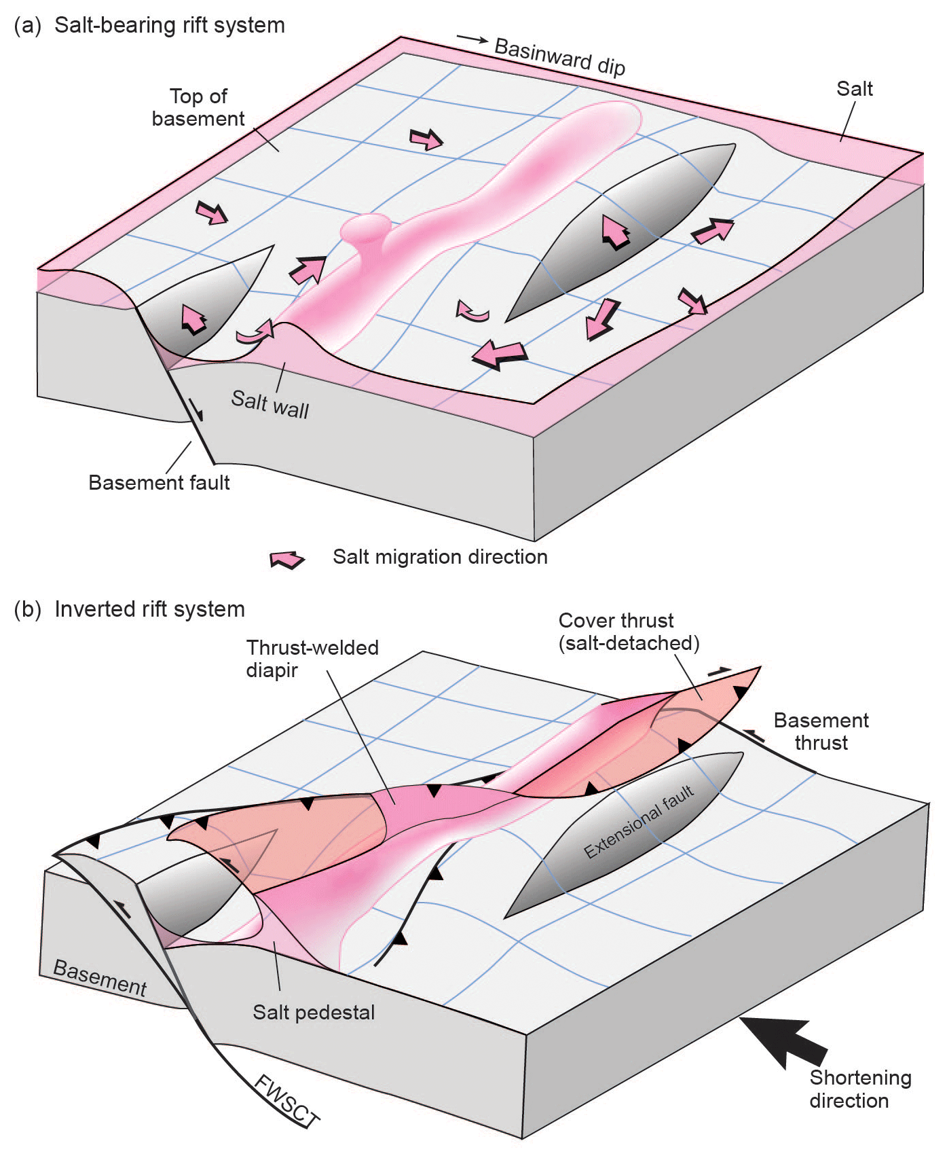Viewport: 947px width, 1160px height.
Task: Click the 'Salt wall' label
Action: tap(270, 405)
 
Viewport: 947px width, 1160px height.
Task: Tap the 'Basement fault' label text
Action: tap(159, 482)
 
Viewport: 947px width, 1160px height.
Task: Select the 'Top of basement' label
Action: tap(198, 107)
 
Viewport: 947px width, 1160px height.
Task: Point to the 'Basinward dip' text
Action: tap(559, 57)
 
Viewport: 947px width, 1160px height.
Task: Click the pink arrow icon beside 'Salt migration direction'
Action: tap(287, 559)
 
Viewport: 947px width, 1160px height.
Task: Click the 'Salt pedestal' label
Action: tap(314, 1012)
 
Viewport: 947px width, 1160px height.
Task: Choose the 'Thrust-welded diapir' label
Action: tap(312, 658)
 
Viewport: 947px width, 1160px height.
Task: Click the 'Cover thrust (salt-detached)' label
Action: tap(629, 632)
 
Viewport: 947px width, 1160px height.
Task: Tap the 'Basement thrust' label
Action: tap(821, 731)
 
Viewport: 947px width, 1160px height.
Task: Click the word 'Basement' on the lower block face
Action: tap(100, 978)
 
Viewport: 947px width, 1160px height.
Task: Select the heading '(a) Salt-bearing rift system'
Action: tap(149, 25)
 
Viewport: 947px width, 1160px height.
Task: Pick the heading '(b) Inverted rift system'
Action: tap(130, 609)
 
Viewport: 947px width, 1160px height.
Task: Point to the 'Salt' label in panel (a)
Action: tap(854, 89)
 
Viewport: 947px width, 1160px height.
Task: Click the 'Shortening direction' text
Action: tap(859, 1089)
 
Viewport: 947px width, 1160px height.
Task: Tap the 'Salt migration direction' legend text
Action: tap(440, 557)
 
